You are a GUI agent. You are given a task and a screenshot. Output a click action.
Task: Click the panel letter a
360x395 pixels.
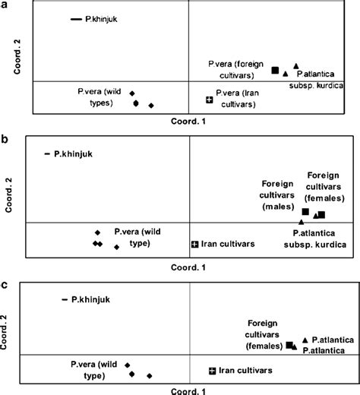(x=7, y=5)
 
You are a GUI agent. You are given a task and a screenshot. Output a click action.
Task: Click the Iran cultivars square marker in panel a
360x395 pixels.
(x=210, y=100)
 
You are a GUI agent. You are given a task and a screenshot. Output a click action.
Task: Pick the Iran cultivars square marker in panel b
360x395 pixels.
(x=195, y=244)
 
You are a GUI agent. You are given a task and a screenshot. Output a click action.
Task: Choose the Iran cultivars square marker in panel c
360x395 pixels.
(x=212, y=370)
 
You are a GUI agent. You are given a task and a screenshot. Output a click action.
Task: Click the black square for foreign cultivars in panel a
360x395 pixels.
(x=276, y=70)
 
